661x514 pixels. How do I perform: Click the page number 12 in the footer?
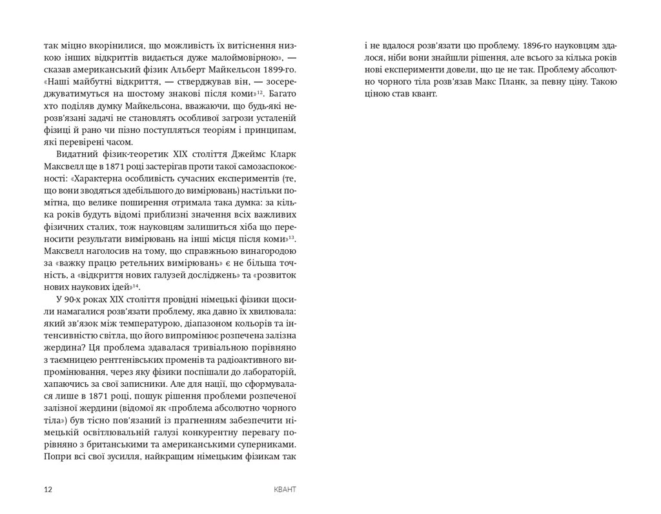pos(48,489)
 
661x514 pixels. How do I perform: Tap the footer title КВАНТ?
pos(285,489)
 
